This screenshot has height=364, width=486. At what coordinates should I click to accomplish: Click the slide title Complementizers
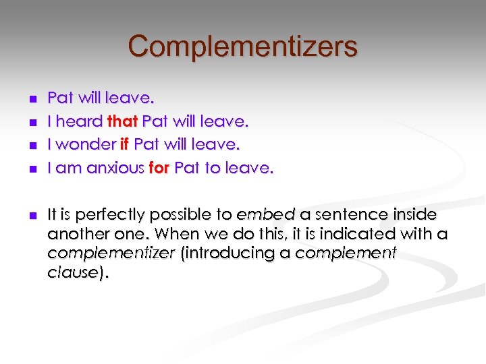[242, 47]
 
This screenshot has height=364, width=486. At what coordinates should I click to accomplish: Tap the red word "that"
[123, 122]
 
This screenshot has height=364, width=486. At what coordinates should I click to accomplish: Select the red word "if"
[124, 145]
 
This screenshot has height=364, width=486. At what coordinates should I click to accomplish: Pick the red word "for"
[159, 169]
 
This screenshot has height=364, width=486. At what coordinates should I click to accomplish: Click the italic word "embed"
[265, 215]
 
